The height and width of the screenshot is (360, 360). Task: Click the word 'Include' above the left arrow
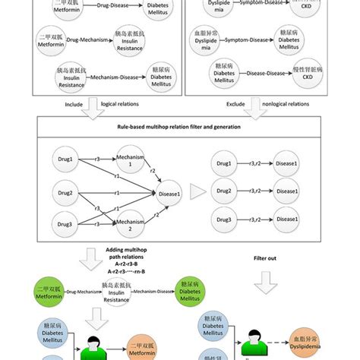tap(73, 104)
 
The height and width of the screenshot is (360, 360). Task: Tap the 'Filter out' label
tap(270, 258)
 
